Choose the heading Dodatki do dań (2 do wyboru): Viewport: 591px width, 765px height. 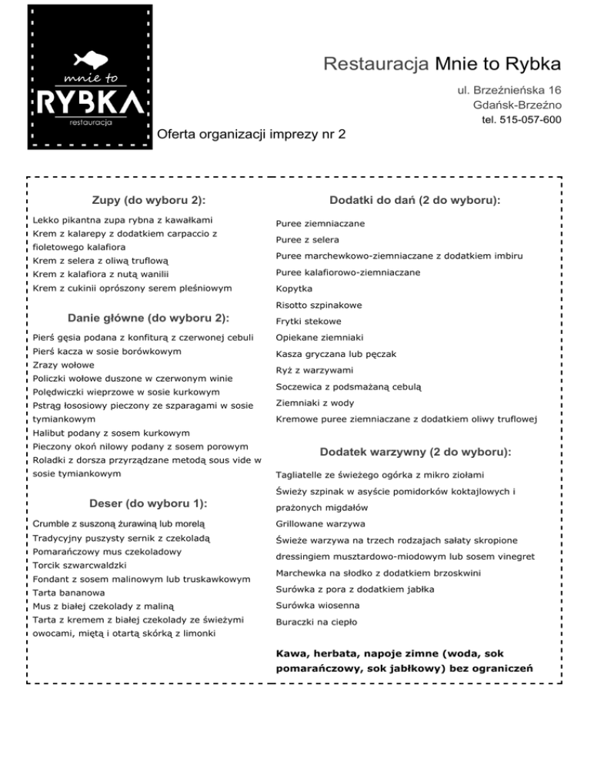tap(416, 200)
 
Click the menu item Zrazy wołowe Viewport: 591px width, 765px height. tap(64, 365)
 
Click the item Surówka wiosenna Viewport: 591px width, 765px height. tap(316, 605)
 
